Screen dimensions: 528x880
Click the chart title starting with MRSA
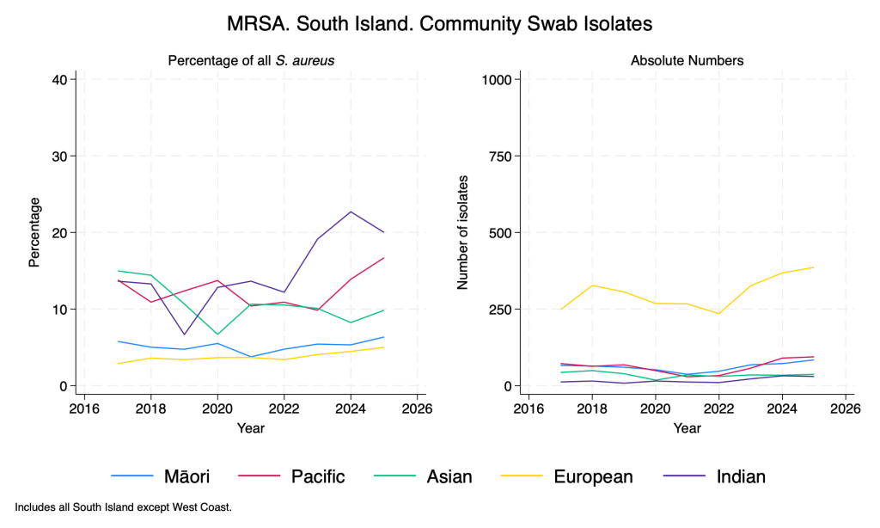click(439, 24)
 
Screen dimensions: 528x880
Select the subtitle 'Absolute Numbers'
click(687, 60)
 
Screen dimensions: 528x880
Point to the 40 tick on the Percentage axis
click(61, 79)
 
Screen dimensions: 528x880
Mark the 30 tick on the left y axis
click(61, 156)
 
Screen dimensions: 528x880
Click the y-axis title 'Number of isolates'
click(462, 232)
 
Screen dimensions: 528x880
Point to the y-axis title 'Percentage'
click(34, 232)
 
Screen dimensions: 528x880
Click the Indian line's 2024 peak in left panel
click(351, 212)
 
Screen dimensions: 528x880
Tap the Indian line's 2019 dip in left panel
click(184, 335)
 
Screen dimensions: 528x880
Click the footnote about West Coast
click(123, 507)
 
